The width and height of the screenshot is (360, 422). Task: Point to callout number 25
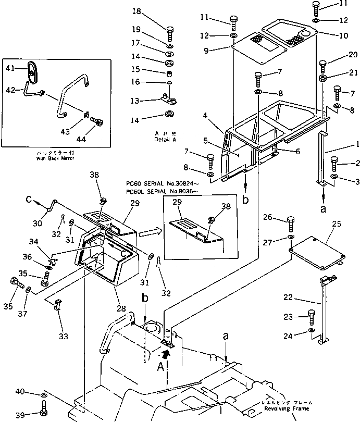336,224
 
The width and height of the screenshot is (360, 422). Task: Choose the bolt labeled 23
312,315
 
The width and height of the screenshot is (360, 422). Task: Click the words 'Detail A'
166,140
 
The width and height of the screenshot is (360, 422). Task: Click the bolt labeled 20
322,65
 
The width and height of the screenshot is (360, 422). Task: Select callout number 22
302,298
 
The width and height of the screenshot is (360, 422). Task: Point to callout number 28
121,309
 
